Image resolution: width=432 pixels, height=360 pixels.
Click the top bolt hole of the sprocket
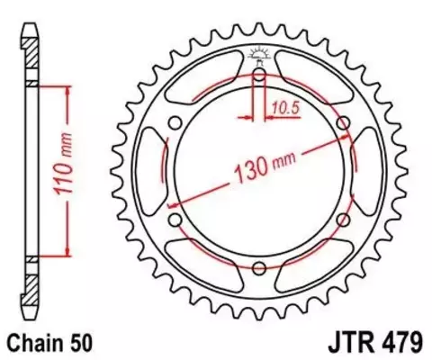pos(259,76)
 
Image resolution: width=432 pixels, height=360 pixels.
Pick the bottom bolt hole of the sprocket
pos(259,267)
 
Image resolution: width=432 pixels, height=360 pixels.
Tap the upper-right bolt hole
pos(343,123)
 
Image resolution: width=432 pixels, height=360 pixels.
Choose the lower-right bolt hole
pos(343,219)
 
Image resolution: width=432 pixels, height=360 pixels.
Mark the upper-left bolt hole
pos(175,123)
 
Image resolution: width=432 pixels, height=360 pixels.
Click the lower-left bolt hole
pos(175,219)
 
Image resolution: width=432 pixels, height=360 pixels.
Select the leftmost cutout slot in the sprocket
pos(148,171)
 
